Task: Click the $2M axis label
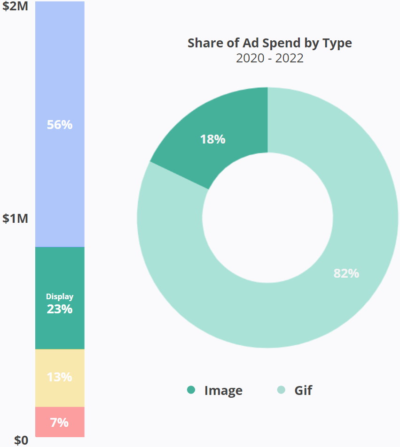[15, 7]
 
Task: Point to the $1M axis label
[15, 219]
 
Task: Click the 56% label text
[60, 125]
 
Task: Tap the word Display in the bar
[60, 296]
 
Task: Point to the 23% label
[60, 309]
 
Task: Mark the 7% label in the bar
[60, 422]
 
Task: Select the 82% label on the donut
[346, 273]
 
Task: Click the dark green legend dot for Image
[191, 390]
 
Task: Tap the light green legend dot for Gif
[281, 390]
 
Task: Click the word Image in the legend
[223, 390]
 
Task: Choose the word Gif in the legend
[303, 390]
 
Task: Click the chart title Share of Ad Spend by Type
[269, 43]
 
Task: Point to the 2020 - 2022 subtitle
[269, 59]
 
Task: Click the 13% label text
[60, 377]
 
